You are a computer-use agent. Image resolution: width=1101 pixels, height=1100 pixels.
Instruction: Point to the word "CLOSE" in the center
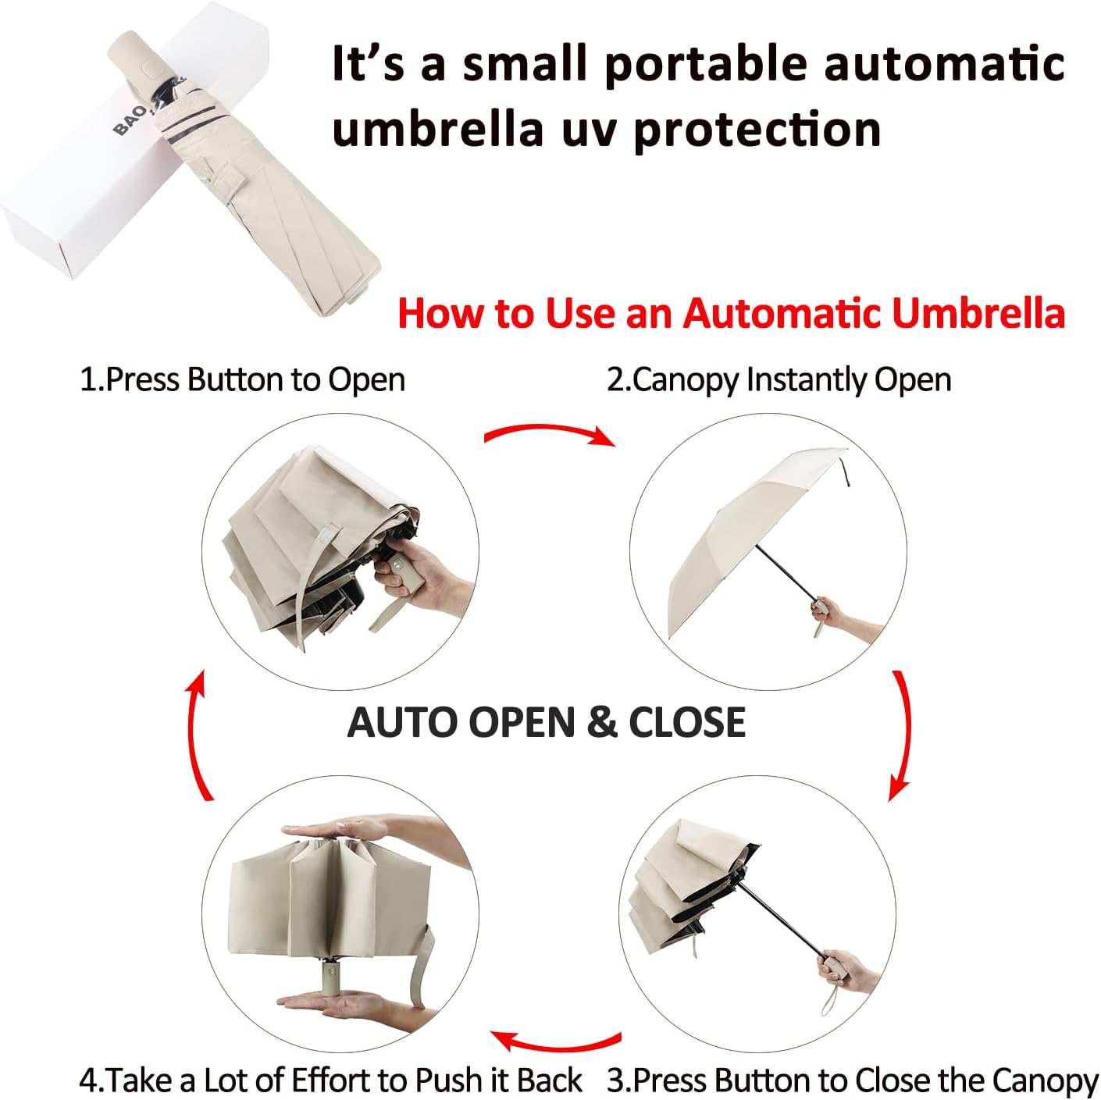687,722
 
